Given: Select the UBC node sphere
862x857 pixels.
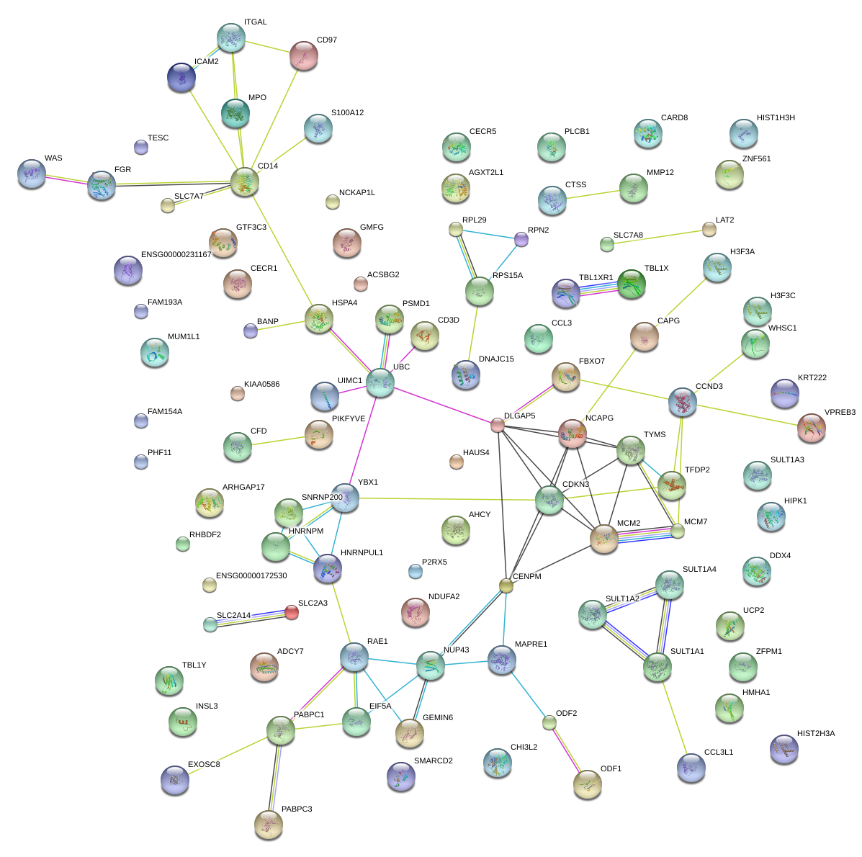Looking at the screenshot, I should [x=380, y=382].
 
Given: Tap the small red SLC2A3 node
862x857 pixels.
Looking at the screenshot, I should [x=291, y=612].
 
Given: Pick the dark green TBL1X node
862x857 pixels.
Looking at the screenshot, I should [x=632, y=283].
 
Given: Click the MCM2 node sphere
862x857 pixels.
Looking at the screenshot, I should [x=604, y=538].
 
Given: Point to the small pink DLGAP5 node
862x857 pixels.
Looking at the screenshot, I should [x=498, y=424].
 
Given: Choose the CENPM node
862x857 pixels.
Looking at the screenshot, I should [x=506, y=585].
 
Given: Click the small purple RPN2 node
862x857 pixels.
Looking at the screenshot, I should [x=521, y=238].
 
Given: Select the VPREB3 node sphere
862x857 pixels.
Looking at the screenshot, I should [x=812, y=428].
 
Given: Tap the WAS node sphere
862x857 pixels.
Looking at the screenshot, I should [x=31, y=174].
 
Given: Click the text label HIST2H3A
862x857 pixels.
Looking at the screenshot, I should [x=816, y=733].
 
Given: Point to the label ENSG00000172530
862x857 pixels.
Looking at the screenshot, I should [x=251, y=575].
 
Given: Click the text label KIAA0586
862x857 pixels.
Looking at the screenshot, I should [x=261, y=384].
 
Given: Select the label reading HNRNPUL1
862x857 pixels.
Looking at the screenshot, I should [x=362, y=552].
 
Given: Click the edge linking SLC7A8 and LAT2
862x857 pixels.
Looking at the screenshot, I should [x=658, y=237].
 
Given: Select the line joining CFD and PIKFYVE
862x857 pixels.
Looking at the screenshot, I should [x=278, y=440].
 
